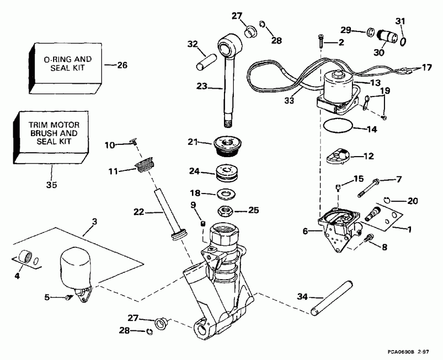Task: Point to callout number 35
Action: point(52,185)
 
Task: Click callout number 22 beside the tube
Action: point(139,212)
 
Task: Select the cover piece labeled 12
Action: point(338,158)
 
